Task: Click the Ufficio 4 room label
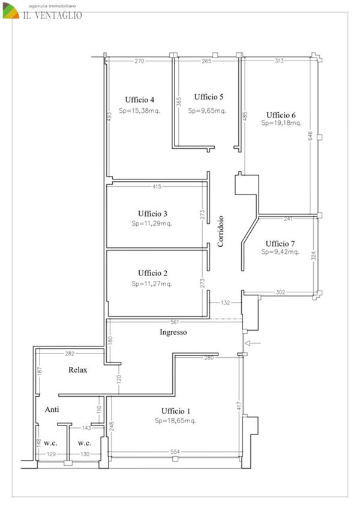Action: tap(140, 100)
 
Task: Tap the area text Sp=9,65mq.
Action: tap(207, 110)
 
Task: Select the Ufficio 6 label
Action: tap(281, 115)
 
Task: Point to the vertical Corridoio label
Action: tap(220, 232)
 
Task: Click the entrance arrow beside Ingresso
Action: tap(253, 343)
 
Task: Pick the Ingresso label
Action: tap(173, 332)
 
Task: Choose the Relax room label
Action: tap(78, 370)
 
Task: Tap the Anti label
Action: tap(52, 409)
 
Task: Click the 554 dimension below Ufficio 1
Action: tap(175, 451)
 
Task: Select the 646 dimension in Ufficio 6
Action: tap(310, 136)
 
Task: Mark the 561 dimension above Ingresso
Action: tap(175, 322)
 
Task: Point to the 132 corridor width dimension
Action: tap(225, 303)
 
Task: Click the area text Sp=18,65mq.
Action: tap(175, 421)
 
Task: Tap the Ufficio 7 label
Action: tap(280, 244)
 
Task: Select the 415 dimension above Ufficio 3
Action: tap(157, 186)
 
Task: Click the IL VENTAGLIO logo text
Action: tap(52, 15)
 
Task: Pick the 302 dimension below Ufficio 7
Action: tap(280, 292)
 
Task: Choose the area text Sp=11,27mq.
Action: tap(152, 284)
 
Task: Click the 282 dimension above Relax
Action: tap(70, 354)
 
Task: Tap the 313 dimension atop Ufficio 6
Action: tap(279, 61)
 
